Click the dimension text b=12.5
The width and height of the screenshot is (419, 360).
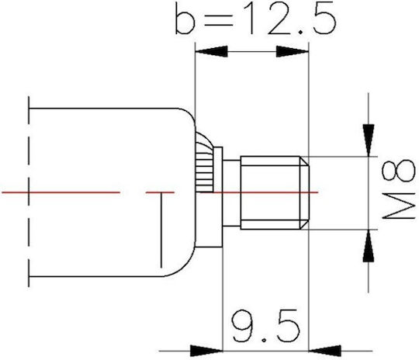(x=255, y=18)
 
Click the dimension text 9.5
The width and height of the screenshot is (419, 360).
(x=265, y=326)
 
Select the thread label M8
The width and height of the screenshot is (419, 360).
(x=399, y=189)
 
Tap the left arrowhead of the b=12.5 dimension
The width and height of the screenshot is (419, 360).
(x=211, y=51)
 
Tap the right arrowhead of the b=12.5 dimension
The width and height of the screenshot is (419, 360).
(x=293, y=51)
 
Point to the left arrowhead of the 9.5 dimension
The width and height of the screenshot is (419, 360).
(x=206, y=351)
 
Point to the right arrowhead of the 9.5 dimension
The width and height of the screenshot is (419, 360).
(x=324, y=351)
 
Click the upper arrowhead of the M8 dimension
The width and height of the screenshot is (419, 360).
(x=369, y=140)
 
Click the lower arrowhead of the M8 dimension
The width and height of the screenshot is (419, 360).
(x=369, y=246)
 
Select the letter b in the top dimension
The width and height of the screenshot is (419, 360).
(x=185, y=18)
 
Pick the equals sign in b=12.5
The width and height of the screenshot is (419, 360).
(x=218, y=21)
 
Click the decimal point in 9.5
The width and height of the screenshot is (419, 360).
(x=264, y=341)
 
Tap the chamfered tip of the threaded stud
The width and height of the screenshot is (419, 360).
(x=304, y=192)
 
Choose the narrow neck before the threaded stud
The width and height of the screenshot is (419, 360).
(x=231, y=193)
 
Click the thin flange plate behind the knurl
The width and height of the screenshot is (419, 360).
(x=218, y=197)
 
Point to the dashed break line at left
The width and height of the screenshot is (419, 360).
(x=29, y=192)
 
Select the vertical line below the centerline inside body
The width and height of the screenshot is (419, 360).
(x=161, y=230)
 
